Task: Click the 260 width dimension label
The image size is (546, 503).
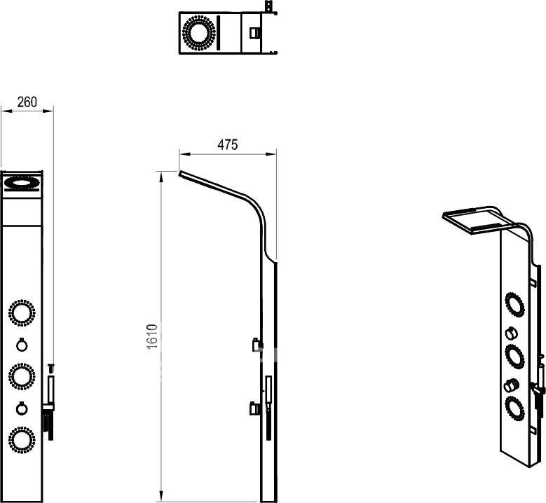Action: [x=27, y=102]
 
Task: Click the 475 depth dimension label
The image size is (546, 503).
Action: [x=228, y=145]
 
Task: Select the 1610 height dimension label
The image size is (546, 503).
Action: [x=153, y=336]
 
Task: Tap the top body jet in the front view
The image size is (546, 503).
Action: [x=22, y=312]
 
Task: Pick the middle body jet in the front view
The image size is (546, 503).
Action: [x=22, y=377]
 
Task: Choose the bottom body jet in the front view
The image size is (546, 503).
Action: [x=22, y=440]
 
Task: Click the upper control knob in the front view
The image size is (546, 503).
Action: [x=22, y=345]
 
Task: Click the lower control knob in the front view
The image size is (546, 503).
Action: [x=22, y=408]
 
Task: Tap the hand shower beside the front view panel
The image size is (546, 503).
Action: [x=50, y=401]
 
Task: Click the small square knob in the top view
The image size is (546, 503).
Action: [x=254, y=33]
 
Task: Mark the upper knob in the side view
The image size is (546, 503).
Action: [x=257, y=345]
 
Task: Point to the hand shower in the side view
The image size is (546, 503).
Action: [x=268, y=406]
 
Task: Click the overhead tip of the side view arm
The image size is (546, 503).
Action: [x=180, y=173]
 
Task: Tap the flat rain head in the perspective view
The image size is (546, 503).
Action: [x=478, y=219]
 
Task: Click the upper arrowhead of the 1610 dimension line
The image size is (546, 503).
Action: [x=161, y=177]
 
